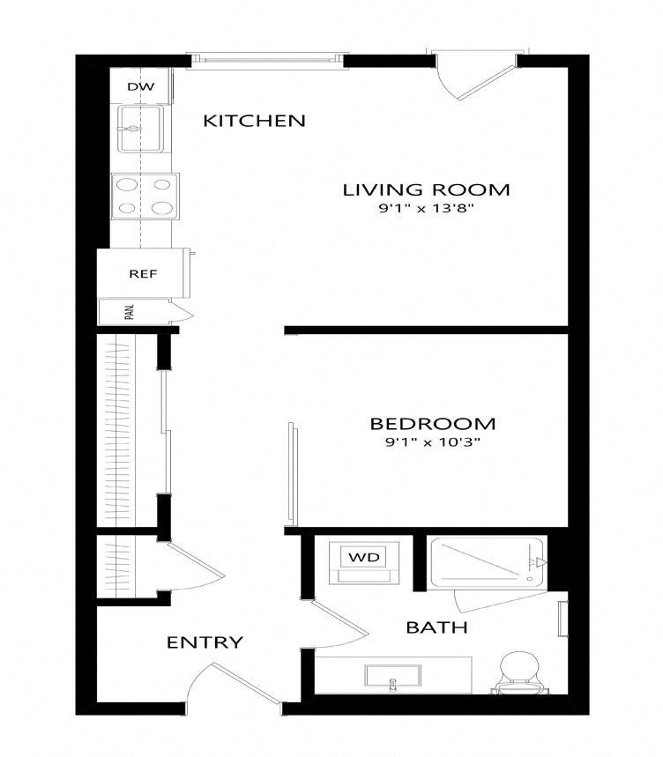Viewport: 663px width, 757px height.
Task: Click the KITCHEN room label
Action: [x=254, y=121]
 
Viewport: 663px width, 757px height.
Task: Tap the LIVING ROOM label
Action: [x=426, y=189]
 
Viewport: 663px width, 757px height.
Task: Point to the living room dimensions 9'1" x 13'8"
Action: [x=426, y=209]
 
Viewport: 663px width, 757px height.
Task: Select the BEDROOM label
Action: [x=433, y=424]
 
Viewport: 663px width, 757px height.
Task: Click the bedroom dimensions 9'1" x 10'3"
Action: [x=433, y=442]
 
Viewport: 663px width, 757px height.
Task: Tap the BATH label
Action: [x=437, y=627]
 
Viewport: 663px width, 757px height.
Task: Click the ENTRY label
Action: [x=205, y=642]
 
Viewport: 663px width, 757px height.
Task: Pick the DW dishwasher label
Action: [x=141, y=87]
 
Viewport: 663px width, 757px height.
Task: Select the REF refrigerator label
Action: [x=143, y=274]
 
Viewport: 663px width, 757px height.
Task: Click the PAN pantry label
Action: [x=129, y=312]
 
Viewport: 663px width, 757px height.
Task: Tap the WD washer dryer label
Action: [x=363, y=558]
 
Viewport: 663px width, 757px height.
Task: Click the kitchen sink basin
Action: [x=140, y=129]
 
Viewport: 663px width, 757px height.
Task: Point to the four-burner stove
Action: [x=145, y=197]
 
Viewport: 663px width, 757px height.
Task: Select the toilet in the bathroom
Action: [x=518, y=672]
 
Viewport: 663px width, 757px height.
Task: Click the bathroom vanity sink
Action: [x=392, y=675]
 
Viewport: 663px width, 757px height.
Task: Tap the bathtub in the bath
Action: [x=488, y=562]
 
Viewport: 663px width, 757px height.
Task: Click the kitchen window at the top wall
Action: [x=267, y=60]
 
